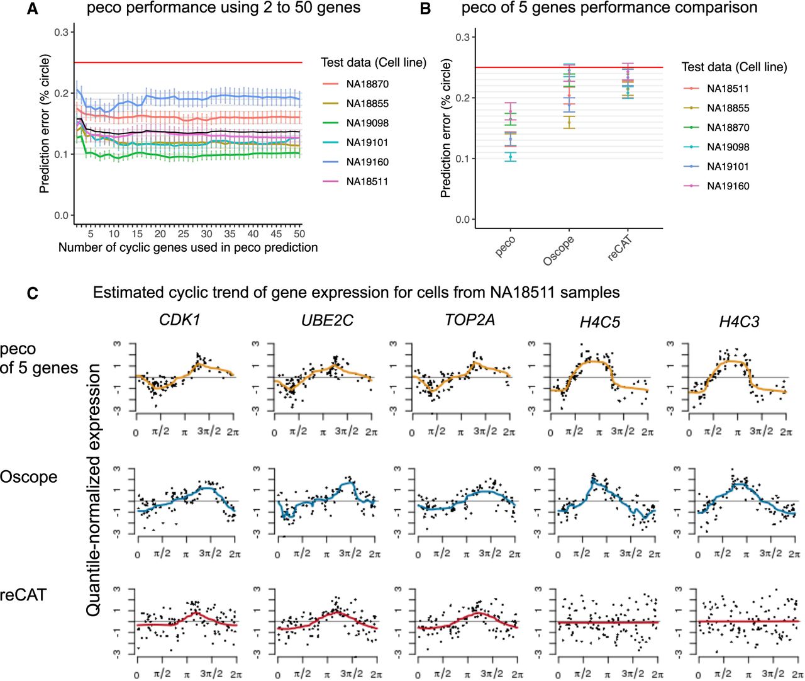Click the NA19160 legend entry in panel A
tap(355, 162)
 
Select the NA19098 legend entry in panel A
tap(355, 123)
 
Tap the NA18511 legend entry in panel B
tap(716, 89)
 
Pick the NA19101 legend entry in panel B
tap(716, 166)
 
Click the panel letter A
tap(33, 9)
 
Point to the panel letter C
tap(33, 293)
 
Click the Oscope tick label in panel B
tap(558, 251)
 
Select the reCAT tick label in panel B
tap(619, 249)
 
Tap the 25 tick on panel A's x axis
tap(183, 234)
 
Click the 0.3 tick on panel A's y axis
tap(61, 32)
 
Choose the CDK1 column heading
tap(179, 320)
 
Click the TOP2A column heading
tap(470, 320)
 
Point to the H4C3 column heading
tap(739, 322)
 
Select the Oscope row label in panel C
tap(29, 476)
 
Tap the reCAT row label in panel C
tap(23, 595)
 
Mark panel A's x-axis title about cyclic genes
tap(188, 247)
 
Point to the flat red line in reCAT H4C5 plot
tap(608, 622)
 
